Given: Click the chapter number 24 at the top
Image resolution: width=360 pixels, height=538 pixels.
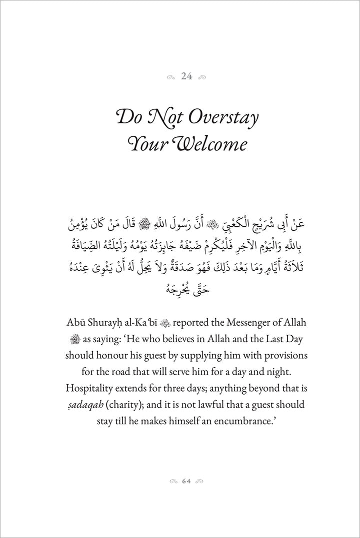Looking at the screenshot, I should coord(186,76).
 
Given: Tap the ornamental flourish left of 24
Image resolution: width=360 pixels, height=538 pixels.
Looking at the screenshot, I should coord(171,77).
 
